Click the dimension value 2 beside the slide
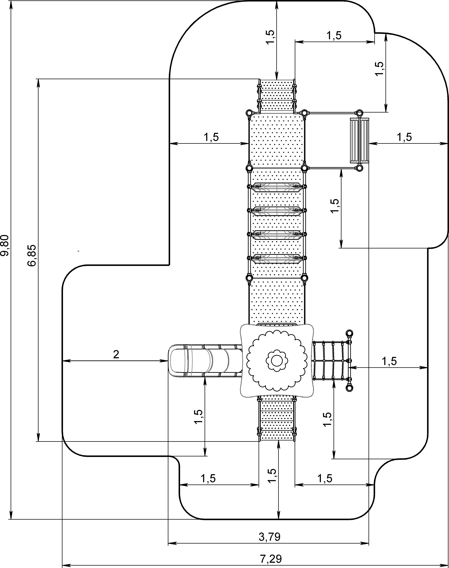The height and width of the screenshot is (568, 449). [116, 355]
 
